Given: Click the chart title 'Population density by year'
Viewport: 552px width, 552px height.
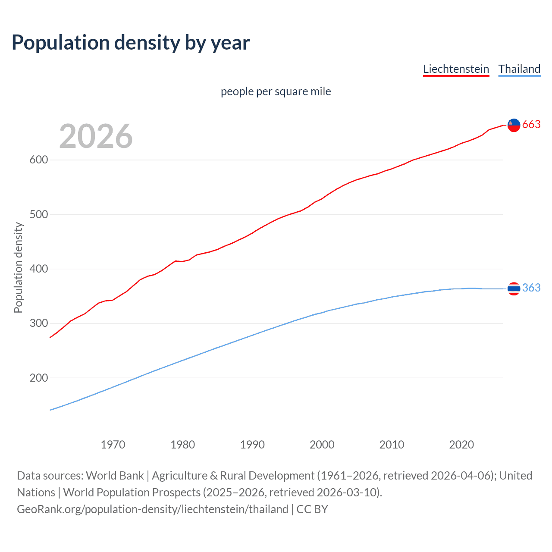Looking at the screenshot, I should click(131, 43).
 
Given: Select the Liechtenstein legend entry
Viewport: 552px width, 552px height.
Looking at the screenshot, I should click(456, 69).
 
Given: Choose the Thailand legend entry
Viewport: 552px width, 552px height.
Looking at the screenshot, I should click(519, 69).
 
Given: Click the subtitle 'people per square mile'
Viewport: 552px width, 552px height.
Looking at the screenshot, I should click(276, 92).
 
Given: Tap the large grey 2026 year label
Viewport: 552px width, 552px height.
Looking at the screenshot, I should click(96, 136).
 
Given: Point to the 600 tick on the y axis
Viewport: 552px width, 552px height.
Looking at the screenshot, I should click(38, 160).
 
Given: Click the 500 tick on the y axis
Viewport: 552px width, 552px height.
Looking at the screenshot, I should click(38, 214).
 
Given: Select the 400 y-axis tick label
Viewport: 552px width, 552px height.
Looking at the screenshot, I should click(38, 269).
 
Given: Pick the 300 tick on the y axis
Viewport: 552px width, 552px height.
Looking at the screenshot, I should click(38, 323).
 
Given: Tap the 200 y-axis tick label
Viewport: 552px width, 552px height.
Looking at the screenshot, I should click(38, 378).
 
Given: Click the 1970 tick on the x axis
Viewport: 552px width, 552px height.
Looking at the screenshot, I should click(113, 445).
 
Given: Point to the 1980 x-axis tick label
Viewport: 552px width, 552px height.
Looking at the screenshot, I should click(183, 445).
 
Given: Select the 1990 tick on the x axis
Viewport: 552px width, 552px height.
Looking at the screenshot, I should click(252, 445).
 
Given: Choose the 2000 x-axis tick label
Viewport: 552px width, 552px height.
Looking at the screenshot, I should click(322, 445).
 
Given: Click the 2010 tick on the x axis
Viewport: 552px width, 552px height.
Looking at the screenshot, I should click(392, 445).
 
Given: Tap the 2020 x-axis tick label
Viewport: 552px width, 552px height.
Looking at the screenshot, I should click(461, 445).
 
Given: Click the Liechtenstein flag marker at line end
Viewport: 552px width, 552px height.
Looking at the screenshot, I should click(514, 125).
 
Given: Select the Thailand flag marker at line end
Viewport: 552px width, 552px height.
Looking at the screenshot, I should click(514, 289).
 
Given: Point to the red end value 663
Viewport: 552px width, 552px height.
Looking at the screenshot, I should click(531, 125).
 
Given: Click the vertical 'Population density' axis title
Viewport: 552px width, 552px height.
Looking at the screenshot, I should click(18, 267).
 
